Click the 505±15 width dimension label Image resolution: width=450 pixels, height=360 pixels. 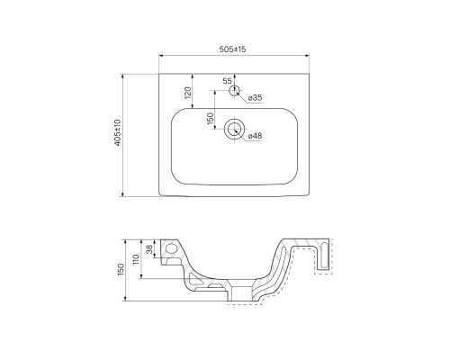click(232, 49)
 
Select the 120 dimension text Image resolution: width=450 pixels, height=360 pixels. click(188, 93)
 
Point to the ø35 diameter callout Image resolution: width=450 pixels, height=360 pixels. click(256, 97)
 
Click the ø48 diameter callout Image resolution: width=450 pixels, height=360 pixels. click(256, 136)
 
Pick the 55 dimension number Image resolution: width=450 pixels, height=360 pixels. click(227, 81)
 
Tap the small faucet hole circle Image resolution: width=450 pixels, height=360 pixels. click(235, 90)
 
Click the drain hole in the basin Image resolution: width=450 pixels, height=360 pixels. click(234, 130)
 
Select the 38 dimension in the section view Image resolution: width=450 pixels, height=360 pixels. click(149, 248)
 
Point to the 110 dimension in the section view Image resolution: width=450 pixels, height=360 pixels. click(136, 259)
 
